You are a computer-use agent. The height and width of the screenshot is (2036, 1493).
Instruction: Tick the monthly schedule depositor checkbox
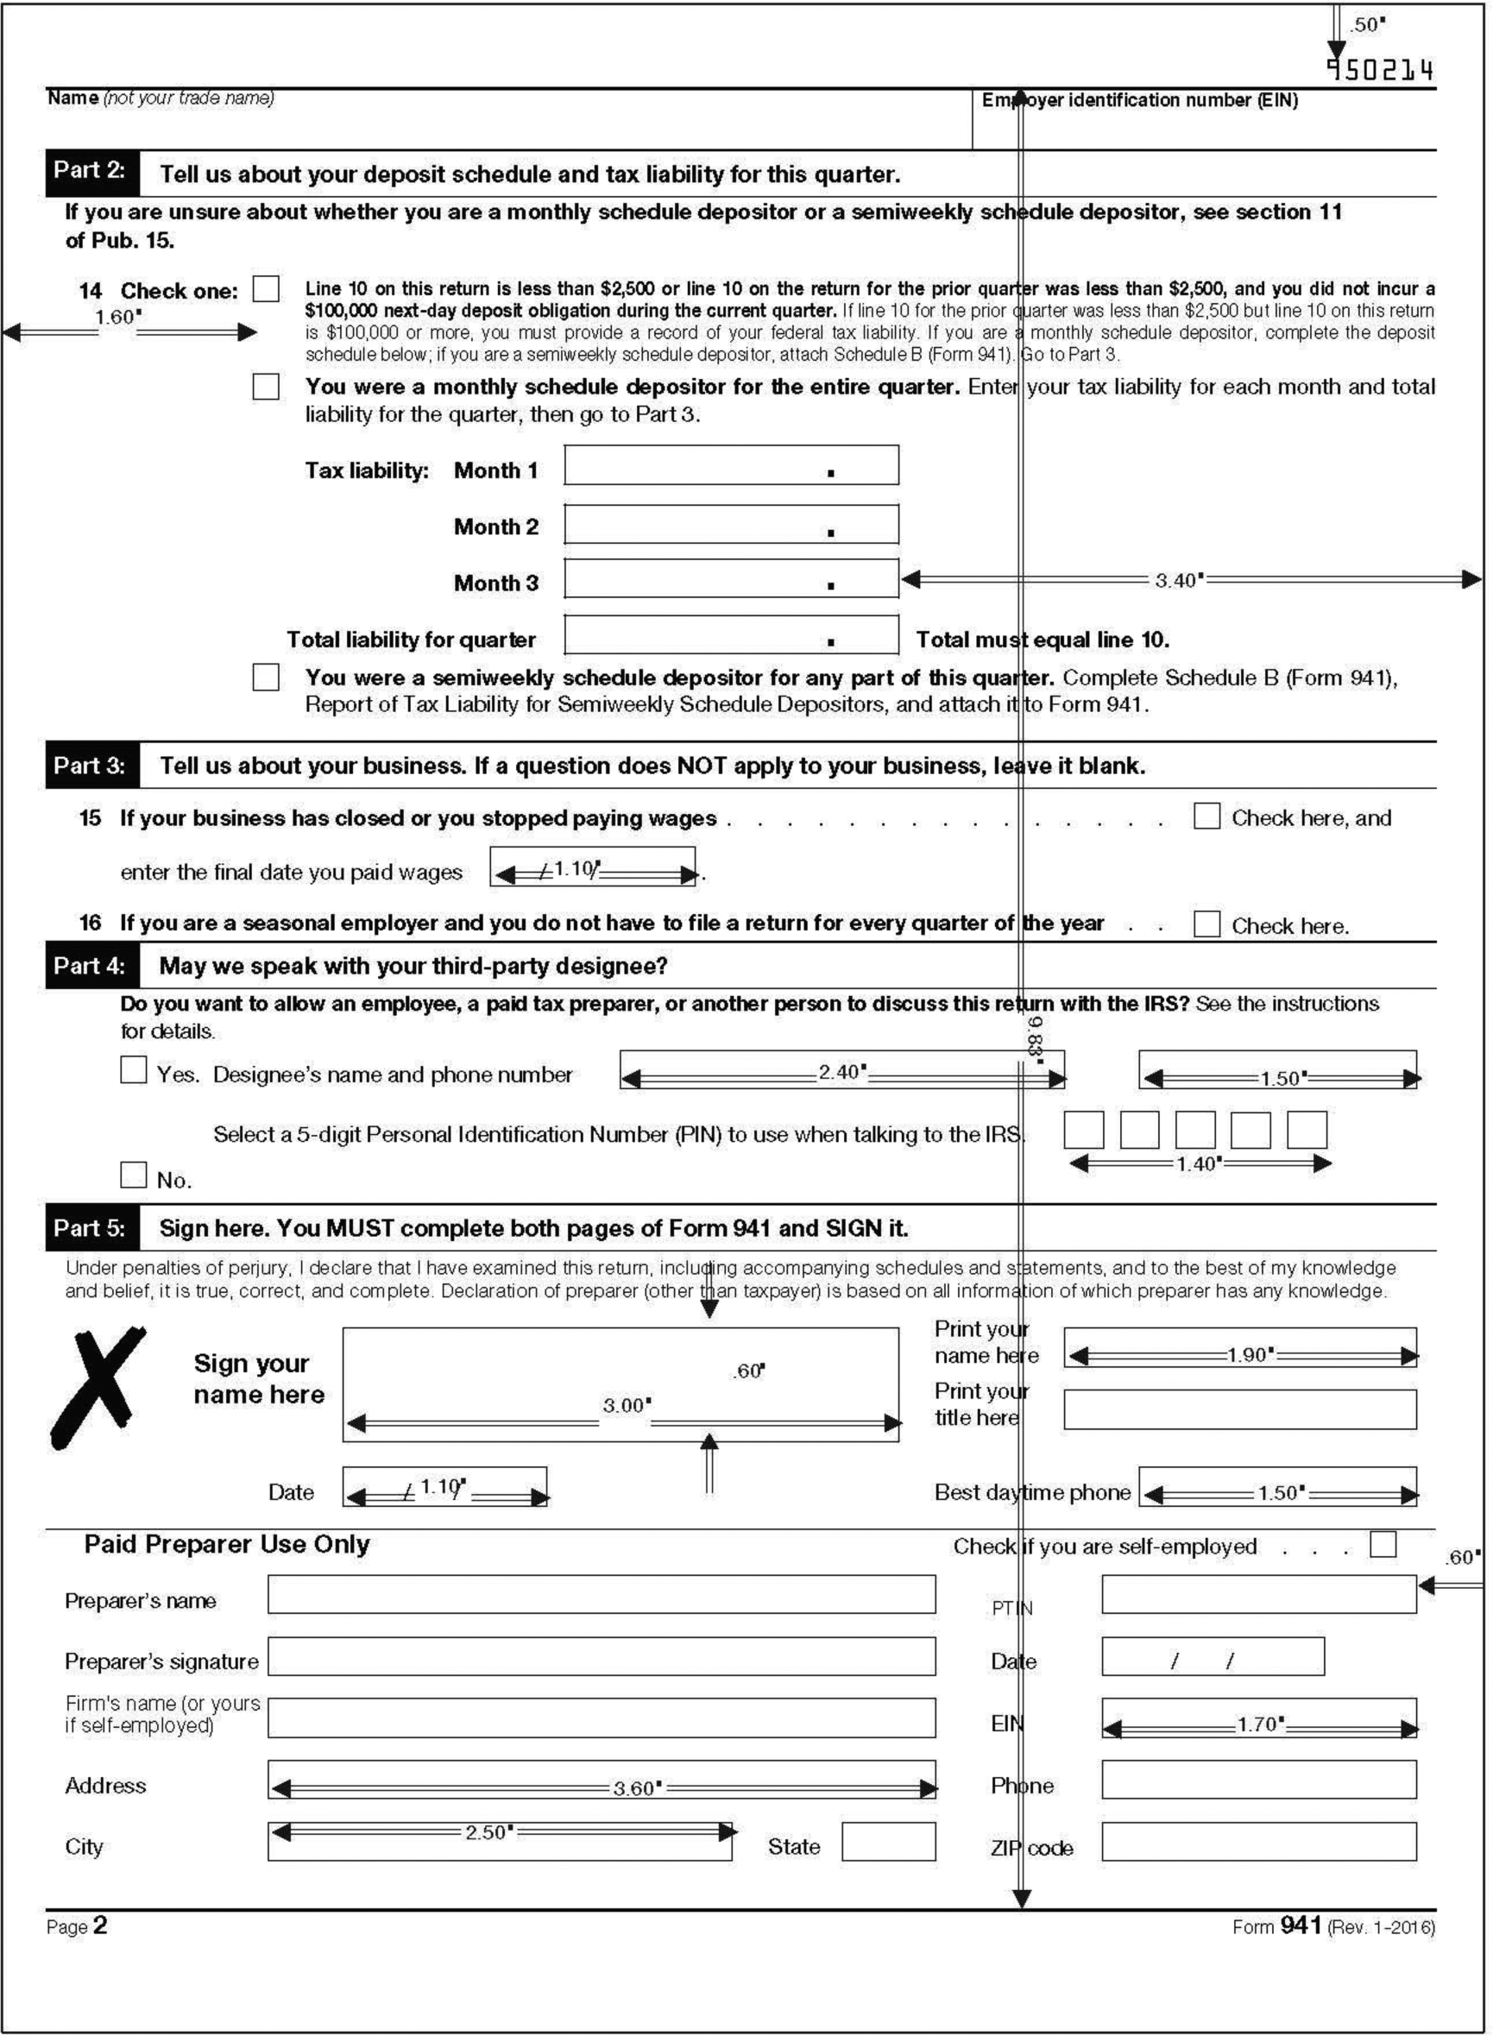pos(266,386)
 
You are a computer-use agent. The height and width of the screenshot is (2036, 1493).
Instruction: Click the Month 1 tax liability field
pos(730,465)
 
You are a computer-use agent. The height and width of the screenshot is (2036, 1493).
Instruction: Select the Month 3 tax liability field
pos(730,578)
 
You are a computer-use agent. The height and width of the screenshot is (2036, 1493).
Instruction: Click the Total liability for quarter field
pos(730,635)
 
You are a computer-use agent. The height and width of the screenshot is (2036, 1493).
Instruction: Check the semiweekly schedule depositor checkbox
pos(266,677)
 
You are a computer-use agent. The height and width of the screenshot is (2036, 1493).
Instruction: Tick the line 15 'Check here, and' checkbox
pos(1206,816)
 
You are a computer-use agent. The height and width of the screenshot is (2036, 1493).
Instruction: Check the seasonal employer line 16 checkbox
pos(1206,923)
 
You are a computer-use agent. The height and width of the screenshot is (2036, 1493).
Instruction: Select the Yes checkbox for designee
pos(134,1070)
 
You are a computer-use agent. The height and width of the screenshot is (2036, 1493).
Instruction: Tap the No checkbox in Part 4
pos(134,1175)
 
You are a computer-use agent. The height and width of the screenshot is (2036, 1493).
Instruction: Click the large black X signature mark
pos(98,1386)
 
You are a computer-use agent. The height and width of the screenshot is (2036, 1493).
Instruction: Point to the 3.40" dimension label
pos(1179,580)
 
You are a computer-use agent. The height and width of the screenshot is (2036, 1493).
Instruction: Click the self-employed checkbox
pos(1382,1544)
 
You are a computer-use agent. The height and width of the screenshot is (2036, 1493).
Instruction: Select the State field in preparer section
pos(887,1842)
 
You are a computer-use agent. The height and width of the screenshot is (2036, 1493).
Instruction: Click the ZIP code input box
pos(1258,1842)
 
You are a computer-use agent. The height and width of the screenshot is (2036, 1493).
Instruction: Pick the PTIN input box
pos(1258,1594)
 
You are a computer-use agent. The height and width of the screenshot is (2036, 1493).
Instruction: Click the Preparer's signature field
pos(601,1656)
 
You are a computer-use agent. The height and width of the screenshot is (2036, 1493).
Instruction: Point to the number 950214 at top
pos(1379,71)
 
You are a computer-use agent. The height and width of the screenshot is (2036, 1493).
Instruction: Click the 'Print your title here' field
pos(1239,1409)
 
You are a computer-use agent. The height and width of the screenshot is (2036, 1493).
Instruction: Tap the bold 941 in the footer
pos(1301,1926)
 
